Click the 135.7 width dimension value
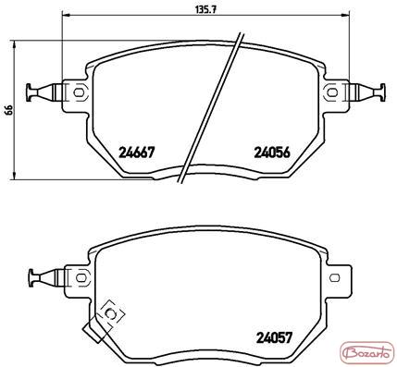click(x=206, y=9)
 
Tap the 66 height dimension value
click(x=9, y=110)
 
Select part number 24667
click(x=136, y=152)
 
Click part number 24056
click(x=272, y=152)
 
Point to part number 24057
click(x=274, y=337)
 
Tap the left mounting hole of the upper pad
click(x=79, y=92)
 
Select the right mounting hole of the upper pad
click(x=332, y=92)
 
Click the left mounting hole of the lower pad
click(x=81, y=277)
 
